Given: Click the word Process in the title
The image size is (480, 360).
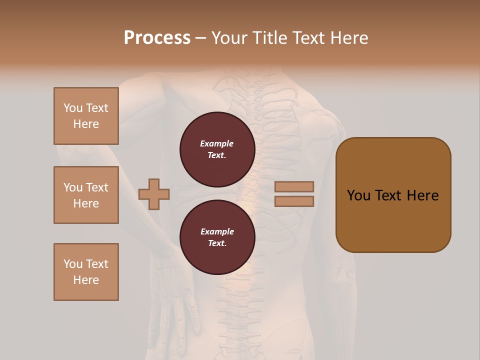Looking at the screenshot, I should [157, 38].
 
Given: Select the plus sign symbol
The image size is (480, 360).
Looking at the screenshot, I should [154, 194].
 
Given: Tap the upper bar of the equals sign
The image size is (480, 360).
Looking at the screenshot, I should [294, 186].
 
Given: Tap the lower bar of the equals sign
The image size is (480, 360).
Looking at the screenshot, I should [294, 201].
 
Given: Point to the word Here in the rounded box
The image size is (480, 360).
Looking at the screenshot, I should [422, 195].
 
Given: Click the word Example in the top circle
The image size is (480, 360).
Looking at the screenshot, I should [217, 143].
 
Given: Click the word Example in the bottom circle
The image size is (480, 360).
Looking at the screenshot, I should [217, 231].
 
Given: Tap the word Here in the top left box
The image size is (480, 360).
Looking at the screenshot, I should [86, 124].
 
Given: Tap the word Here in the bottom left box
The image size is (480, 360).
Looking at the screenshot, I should [86, 280].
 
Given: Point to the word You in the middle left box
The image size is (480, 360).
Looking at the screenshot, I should [72, 187].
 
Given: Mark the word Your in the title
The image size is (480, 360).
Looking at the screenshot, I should [229, 38].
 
